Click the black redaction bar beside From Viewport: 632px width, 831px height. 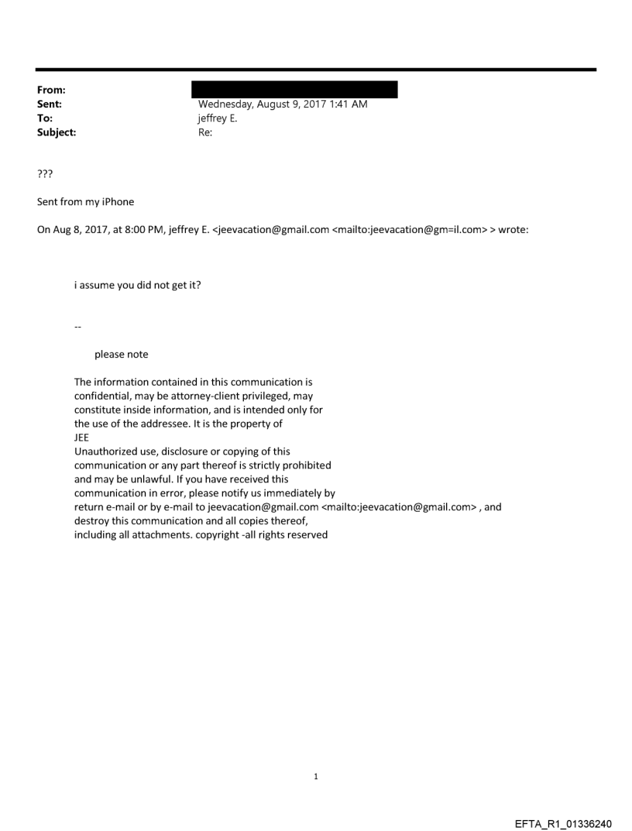[x=297, y=89]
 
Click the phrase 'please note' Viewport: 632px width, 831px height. [x=121, y=355]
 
